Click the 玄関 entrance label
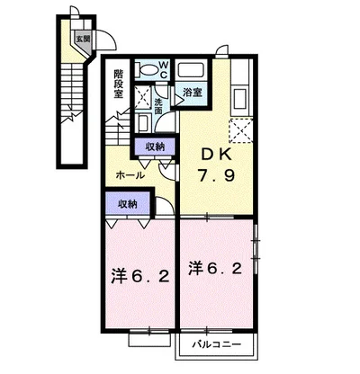[82, 39]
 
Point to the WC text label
[163, 68]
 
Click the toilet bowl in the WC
[146, 69]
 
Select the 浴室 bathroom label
[191, 92]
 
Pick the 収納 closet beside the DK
[153, 146]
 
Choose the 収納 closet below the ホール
[127, 204]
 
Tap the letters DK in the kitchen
[212, 154]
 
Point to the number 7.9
[213, 177]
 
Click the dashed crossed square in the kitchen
[240, 130]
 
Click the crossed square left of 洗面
[141, 97]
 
